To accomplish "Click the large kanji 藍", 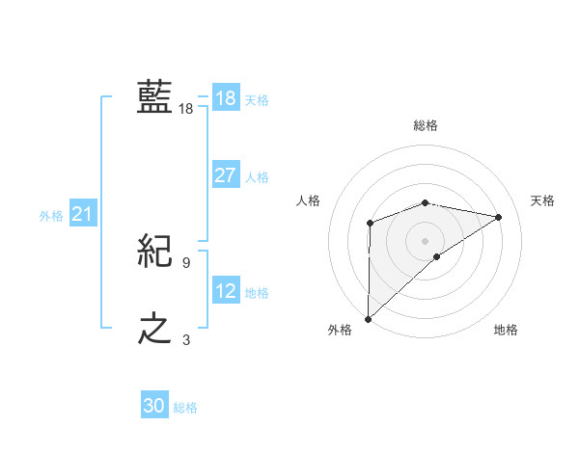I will point(154,97).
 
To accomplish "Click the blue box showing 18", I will point(225,98).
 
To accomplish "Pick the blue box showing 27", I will point(225,175).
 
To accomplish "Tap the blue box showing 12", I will point(225,290).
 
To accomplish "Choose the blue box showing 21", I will point(82,214).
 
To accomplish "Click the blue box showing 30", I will point(154,406).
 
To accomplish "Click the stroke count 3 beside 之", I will point(186,339).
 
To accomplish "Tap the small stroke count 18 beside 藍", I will point(186,109).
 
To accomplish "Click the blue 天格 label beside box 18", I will point(257,99).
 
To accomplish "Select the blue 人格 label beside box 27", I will point(257,177).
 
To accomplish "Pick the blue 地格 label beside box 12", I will point(257,292).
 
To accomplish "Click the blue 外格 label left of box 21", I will point(51,216).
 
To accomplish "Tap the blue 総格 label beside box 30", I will point(185,408).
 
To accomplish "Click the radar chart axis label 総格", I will point(426,124).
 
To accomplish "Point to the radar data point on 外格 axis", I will point(369,318).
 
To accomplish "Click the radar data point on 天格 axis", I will point(499,217).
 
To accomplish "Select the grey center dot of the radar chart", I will point(425,240).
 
